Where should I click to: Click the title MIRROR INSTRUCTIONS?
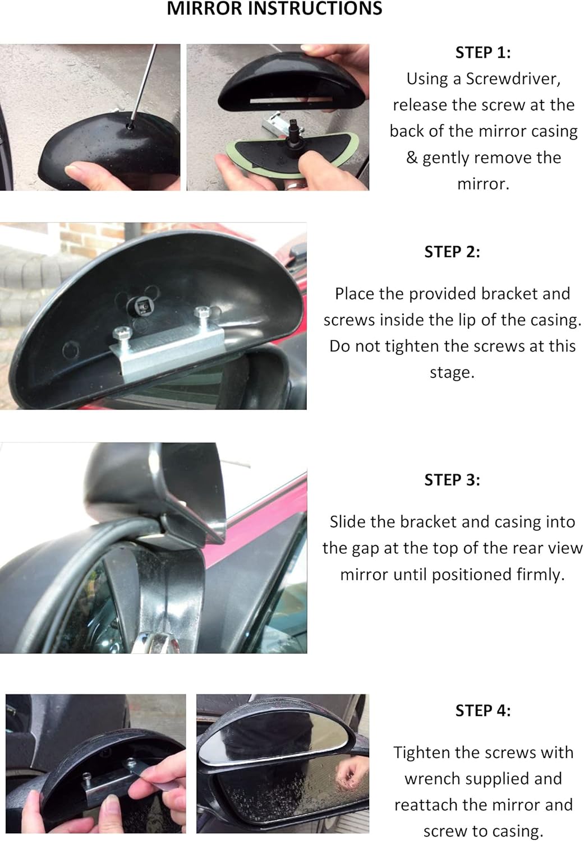tap(274, 8)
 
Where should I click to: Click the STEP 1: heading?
tap(483, 53)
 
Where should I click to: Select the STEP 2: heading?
tap(452, 252)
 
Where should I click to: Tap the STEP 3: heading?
tap(452, 480)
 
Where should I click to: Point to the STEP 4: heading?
tap(483, 710)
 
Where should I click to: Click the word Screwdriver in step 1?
tap(513, 79)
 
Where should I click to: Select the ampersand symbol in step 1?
tap(412, 158)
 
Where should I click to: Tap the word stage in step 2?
tap(452, 373)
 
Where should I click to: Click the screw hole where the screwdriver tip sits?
tap(130, 126)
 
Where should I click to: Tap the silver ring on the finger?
tap(295, 185)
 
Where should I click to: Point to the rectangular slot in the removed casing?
tap(291, 100)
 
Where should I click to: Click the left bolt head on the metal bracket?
tap(123, 332)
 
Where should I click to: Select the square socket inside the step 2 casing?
tap(142, 308)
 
